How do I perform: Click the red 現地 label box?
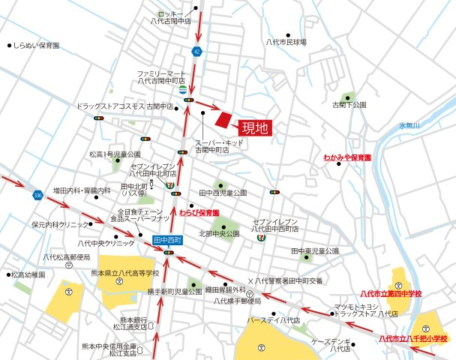pos(255,128)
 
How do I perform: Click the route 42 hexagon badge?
pos(196,51)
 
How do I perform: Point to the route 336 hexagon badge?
pos(37,196)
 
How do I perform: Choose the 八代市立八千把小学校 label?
pos(412,339)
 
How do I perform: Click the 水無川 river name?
pos(410,124)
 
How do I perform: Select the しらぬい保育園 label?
pos(37,46)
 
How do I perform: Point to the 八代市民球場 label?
pos(286,42)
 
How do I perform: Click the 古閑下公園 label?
pos(349,105)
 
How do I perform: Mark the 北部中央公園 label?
pos(219,234)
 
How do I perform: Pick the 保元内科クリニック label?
pos(59,224)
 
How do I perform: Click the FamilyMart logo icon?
pos(184,91)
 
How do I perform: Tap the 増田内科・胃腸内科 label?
pos(82,190)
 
